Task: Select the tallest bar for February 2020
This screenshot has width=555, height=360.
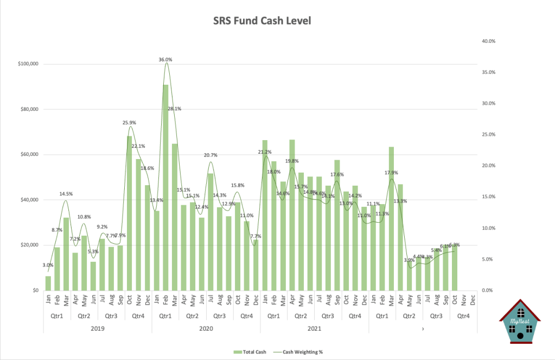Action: (165, 187)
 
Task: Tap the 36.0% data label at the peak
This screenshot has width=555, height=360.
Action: (165, 60)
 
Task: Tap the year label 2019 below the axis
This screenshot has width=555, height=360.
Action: (98, 329)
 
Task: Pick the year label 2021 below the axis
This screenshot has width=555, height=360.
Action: (315, 329)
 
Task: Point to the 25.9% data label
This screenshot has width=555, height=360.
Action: (129, 123)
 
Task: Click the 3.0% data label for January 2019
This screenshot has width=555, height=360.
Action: (48, 265)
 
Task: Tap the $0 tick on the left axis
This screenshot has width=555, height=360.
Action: (34, 290)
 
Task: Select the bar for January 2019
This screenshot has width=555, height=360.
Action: (48, 283)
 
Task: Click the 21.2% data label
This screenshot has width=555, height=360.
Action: (265, 152)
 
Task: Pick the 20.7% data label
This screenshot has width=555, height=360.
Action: (210, 155)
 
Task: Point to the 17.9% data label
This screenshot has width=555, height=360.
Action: (391, 173)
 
